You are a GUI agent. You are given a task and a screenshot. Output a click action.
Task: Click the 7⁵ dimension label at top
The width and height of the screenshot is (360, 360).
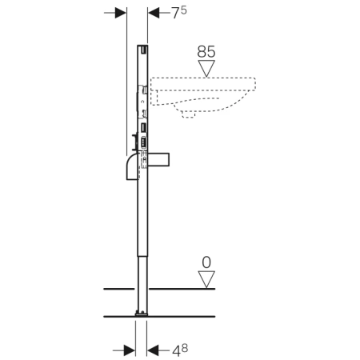[x=179, y=13]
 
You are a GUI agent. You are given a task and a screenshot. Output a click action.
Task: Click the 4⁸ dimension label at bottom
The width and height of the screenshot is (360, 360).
[x=180, y=350]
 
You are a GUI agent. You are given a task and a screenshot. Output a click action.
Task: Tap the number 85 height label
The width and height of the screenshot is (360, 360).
[x=206, y=52]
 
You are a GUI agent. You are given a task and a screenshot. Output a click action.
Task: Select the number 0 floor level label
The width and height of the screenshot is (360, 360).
[x=206, y=262]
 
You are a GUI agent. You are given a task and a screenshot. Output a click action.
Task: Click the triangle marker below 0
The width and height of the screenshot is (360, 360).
[x=206, y=279]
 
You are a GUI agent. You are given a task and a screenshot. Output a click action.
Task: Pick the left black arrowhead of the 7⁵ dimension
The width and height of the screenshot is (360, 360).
[x=121, y=13]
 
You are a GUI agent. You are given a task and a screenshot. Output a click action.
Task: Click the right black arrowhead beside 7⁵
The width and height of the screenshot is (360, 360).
[x=154, y=13]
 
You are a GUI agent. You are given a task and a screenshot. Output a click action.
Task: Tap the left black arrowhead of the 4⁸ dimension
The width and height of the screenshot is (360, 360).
[x=130, y=350]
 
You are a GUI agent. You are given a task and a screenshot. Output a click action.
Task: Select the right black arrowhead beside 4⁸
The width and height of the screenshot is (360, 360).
[x=153, y=350]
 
